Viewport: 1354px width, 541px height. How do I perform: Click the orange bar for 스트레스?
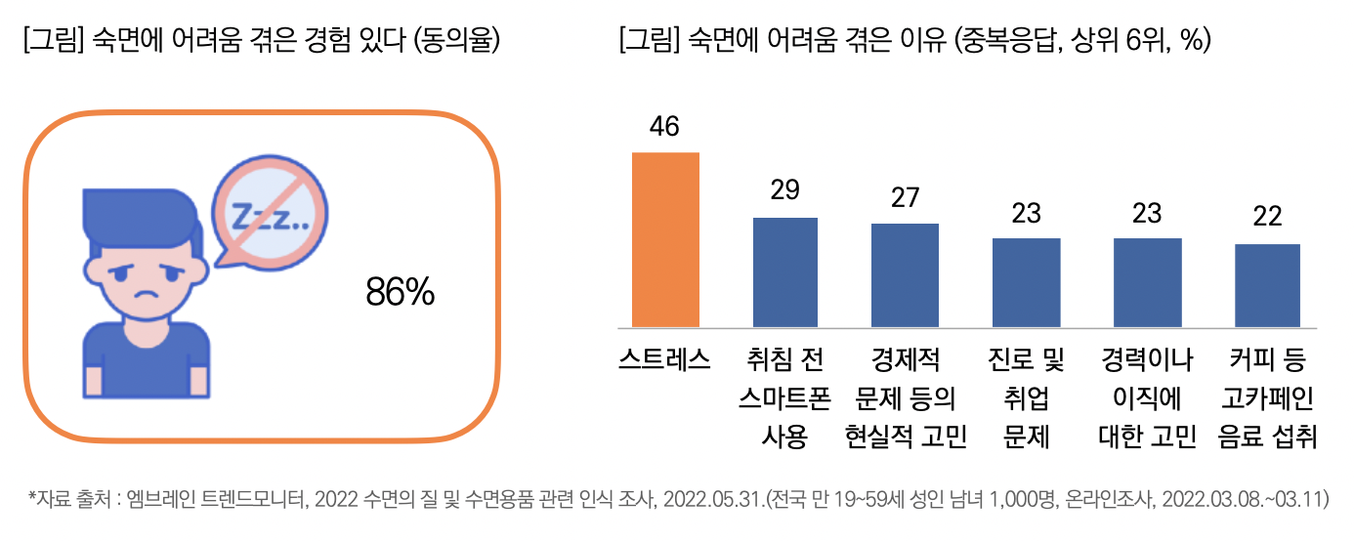[666, 239]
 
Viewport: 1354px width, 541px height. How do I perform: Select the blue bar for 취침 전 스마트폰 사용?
[785, 272]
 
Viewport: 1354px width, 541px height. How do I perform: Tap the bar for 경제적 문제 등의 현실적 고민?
[906, 275]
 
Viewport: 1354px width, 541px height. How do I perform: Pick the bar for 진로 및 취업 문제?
[1026, 282]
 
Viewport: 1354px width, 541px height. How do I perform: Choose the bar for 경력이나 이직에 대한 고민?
[1147, 282]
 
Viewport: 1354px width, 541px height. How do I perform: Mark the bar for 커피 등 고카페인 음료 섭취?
[1267, 285]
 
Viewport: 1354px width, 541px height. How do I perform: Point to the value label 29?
[785, 191]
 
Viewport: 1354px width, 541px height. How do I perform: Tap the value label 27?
[906, 198]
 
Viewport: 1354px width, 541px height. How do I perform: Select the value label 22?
[1267, 217]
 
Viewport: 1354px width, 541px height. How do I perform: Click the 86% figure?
[400, 292]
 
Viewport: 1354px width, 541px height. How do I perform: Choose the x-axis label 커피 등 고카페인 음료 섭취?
[1267, 399]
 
